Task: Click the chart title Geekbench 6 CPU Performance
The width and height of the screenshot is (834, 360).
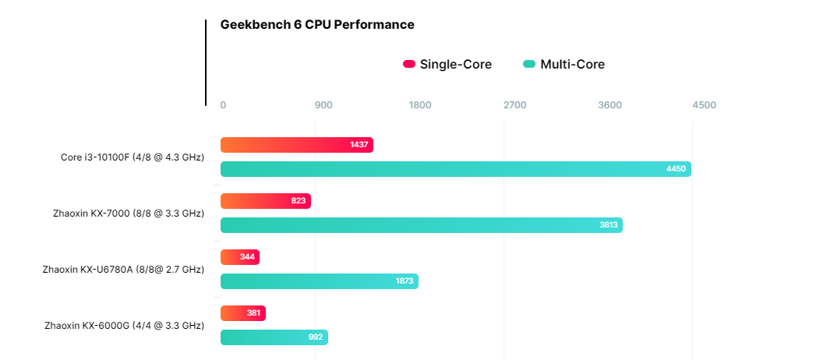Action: point(317,24)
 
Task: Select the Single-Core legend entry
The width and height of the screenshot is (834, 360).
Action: point(447,64)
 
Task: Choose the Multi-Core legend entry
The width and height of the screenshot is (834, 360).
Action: point(564,64)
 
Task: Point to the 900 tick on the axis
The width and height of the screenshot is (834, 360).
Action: point(323,105)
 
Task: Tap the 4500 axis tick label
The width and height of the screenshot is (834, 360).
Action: point(704,105)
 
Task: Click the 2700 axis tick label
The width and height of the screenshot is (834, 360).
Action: point(514,105)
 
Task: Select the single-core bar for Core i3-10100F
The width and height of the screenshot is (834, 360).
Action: point(296,145)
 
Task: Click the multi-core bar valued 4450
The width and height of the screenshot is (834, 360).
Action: point(455,169)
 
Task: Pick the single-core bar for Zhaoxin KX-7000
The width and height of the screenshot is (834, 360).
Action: point(265,201)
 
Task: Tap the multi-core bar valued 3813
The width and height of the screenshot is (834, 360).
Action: point(421,225)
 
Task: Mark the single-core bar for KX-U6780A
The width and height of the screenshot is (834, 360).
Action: point(239,257)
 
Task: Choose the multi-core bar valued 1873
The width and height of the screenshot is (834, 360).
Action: point(319,281)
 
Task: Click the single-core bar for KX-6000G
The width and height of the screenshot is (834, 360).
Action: point(242,313)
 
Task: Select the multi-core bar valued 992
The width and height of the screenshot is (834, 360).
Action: point(274,337)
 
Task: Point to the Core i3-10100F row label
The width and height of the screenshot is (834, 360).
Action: point(133,157)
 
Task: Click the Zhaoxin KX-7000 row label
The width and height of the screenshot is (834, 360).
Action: point(128,214)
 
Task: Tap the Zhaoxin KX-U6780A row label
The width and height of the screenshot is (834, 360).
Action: point(123,270)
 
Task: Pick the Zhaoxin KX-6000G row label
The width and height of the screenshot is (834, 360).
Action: point(125,326)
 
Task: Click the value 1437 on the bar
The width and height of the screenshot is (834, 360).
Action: point(359,145)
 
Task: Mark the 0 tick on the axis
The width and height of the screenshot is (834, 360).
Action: point(223,105)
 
